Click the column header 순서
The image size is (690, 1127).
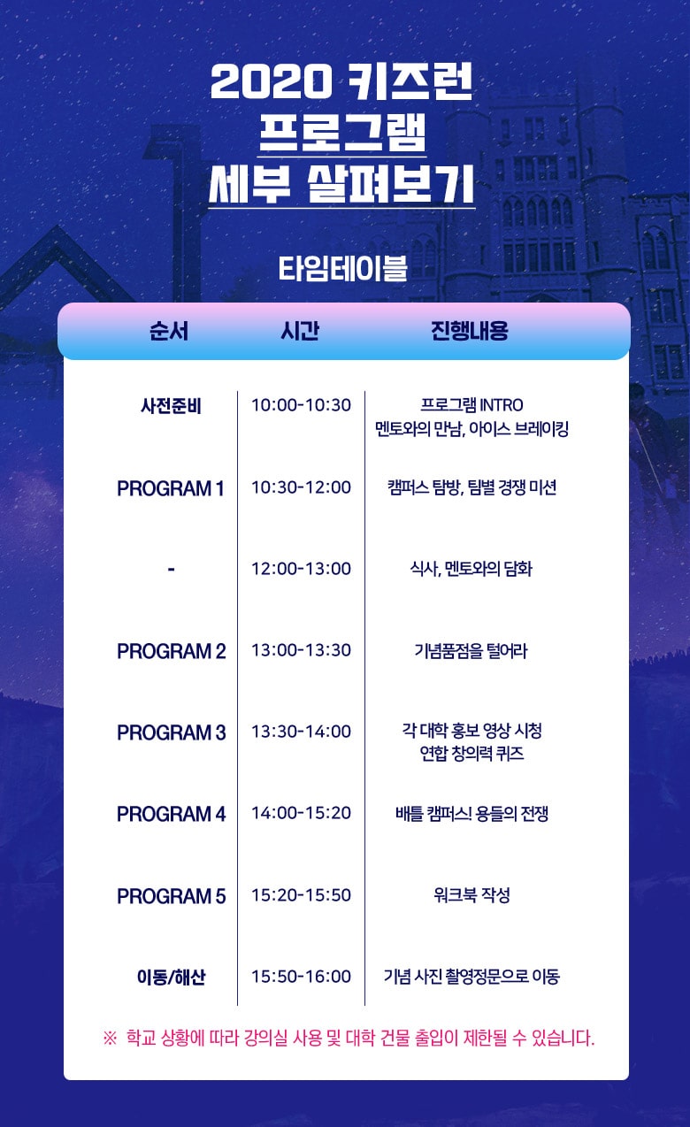169,331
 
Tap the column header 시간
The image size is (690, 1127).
300,331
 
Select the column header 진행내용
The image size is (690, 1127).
470,331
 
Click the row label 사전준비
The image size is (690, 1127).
171,405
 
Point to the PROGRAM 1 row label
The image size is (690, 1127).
171,488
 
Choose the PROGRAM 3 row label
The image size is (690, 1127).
171,732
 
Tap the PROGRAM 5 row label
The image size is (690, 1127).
171,895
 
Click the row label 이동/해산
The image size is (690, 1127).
171,977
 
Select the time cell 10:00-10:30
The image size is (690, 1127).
301,405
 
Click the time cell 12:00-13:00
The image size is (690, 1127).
301,569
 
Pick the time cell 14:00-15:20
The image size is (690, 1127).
301,813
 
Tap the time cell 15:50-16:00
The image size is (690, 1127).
301,976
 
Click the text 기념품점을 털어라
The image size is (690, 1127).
471,650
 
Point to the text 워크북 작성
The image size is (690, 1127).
471,894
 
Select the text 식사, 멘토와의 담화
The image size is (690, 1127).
471,569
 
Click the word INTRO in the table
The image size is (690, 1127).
502,404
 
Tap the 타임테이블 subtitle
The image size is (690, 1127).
342,269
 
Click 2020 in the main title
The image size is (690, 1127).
271,81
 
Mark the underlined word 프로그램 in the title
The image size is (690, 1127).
342,132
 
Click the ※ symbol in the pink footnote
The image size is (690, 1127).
110,1038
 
